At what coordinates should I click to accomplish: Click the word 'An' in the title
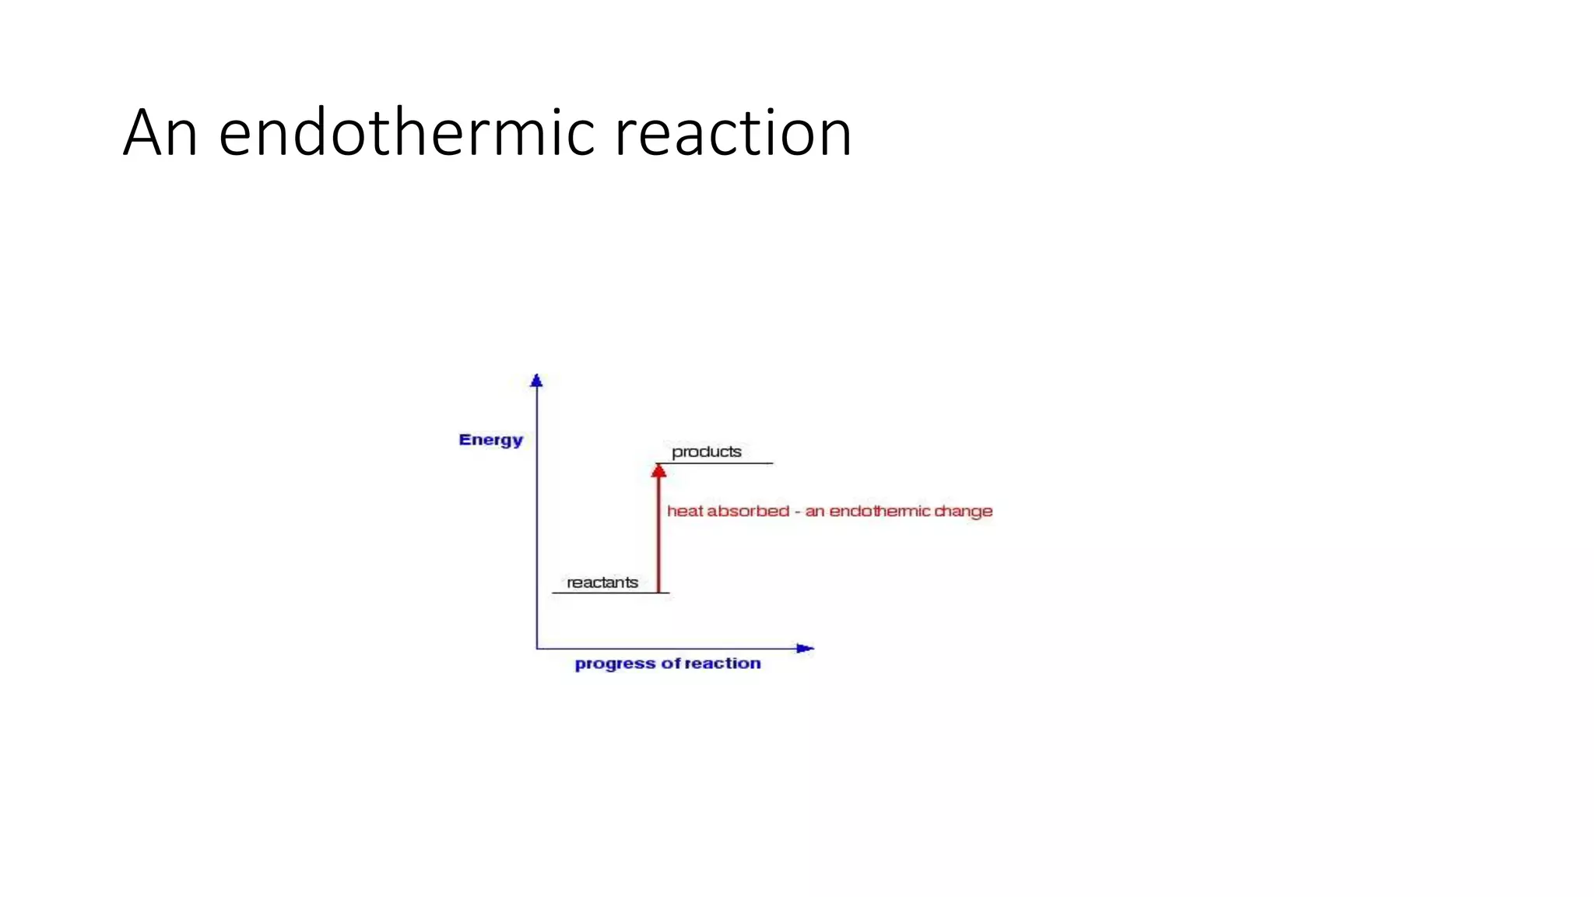[160, 133]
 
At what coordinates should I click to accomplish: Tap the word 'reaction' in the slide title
[733, 133]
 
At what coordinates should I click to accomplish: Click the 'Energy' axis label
[490, 440]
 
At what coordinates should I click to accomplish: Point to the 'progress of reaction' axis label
[667, 663]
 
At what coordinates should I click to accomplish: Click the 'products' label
[706, 452]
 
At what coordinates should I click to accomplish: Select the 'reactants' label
[602, 582]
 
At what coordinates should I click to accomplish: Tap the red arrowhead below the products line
[658, 470]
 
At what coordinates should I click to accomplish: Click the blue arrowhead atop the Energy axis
[536, 381]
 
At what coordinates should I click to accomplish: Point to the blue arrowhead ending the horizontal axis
[805, 648]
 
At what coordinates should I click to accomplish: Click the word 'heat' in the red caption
[684, 512]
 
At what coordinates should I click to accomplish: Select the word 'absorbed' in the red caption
[748, 512]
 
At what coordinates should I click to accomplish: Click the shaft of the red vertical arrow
[658, 537]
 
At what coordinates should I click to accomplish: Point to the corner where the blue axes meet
[537, 648]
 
